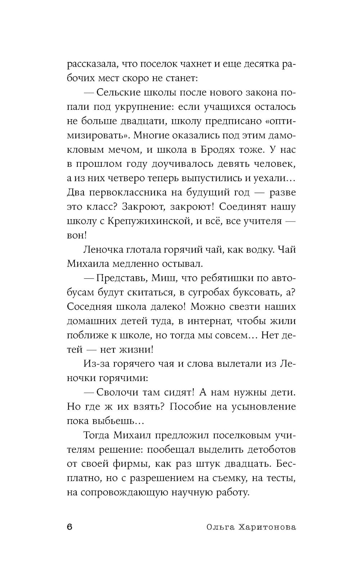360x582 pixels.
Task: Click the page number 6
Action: tap(70, 527)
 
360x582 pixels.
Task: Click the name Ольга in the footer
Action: tap(220, 527)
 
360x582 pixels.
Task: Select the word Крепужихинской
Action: tap(148, 221)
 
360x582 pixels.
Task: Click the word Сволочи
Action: tap(121, 392)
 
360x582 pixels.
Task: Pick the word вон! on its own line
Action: tap(77, 235)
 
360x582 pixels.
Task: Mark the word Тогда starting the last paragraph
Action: tap(96, 435)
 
